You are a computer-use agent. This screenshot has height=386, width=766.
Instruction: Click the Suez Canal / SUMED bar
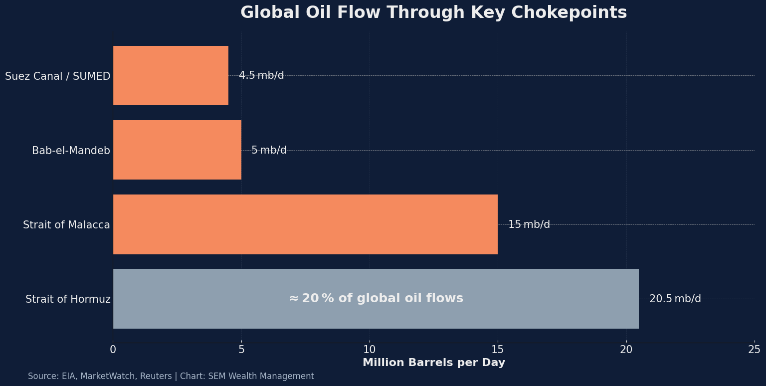tap(171, 75)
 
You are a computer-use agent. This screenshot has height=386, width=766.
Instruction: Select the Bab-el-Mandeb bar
tap(177, 150)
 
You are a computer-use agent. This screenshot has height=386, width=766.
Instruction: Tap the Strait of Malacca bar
tap(305, 224)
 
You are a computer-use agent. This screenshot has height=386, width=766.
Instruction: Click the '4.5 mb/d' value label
tap(261, 76)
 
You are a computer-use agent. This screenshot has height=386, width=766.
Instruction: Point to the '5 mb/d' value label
tap(269, 150)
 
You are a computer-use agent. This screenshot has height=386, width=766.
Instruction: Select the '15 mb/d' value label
tap(529, 225)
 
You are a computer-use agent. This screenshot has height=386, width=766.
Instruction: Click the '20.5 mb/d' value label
tap(675, 299)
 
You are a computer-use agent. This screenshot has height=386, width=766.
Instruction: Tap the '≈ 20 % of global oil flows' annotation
tap(376, 299)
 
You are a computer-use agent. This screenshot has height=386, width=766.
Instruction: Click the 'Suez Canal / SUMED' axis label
tap(57, 76)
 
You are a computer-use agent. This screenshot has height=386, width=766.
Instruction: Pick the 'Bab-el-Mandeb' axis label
tap(71, 151)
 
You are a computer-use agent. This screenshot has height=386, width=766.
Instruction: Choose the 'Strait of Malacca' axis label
tap(66, 225)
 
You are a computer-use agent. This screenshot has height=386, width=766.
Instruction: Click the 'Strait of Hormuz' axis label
tap(68, 300)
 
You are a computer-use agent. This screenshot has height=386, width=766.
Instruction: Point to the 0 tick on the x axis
tap(113, 350)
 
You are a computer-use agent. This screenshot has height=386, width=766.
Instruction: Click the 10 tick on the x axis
tap(370, 350)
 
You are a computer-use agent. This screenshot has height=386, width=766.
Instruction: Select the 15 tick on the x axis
tap(498, 350)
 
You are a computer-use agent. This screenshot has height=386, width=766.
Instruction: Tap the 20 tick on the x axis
tap(626, 350)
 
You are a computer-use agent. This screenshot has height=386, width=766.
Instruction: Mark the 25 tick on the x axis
tap(754, 350)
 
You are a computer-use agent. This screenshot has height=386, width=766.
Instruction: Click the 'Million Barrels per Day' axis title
tap(434, 363)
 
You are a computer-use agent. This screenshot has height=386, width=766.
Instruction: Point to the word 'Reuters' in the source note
tap(156, 377)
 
